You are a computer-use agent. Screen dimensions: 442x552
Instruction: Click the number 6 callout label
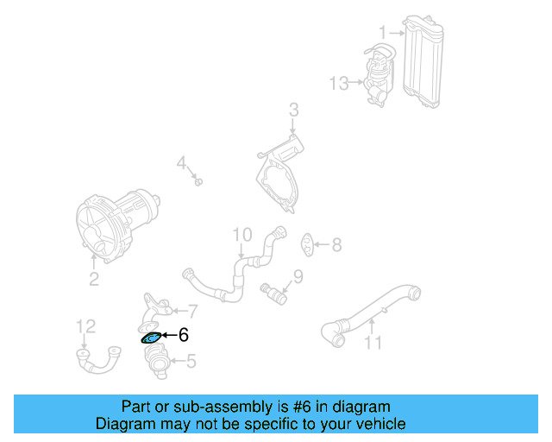tap(183, 336)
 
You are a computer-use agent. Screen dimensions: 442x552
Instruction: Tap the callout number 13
tap(338, 83)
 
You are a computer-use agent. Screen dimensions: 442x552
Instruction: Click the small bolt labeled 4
tap(198, 182)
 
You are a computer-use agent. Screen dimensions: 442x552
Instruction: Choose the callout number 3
tap(293, 110)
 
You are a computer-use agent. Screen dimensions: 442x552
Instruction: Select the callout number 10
tap(241, 234)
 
